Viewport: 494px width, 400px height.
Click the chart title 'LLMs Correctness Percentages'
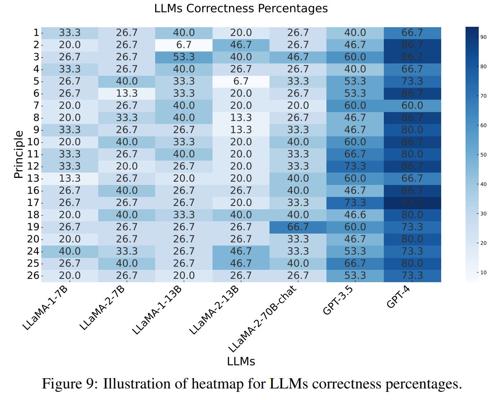pyautogui.click(x=241, y=8)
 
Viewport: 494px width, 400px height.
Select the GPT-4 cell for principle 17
pyautogui.click(x=412, y=203)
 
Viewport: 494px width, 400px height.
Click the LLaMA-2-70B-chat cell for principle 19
pyautogui.click(x=298, y=227)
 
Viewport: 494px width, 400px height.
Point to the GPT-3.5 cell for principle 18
pyautogui.click(x=355, y=215)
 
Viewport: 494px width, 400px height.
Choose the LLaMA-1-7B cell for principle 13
pyautogui.click(x=69, y=178)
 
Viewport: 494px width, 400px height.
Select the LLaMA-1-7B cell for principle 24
pyautogui.click(x=69, y=251)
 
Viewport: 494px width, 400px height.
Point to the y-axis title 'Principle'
pyautogui.click(x=19, y=154)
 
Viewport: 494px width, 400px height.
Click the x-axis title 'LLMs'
pyautogui.click(x=241, y=361)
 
